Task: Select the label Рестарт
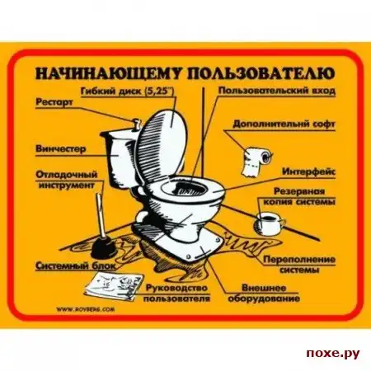coord(54,102)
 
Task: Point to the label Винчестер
coord(61,149)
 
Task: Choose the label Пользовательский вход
coord(277,91)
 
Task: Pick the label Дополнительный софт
coord(284,124)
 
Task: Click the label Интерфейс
coord(309,171)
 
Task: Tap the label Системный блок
coord(76,266)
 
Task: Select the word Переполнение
coord(299,260)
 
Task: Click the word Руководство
coord(176,288)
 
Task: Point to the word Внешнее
coord(264,288)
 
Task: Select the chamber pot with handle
coord(269,223)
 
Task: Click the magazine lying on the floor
coord(114,285)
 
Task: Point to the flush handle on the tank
coord(135,124)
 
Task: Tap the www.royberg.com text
coord(86,309)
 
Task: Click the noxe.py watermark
coord(333,354)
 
